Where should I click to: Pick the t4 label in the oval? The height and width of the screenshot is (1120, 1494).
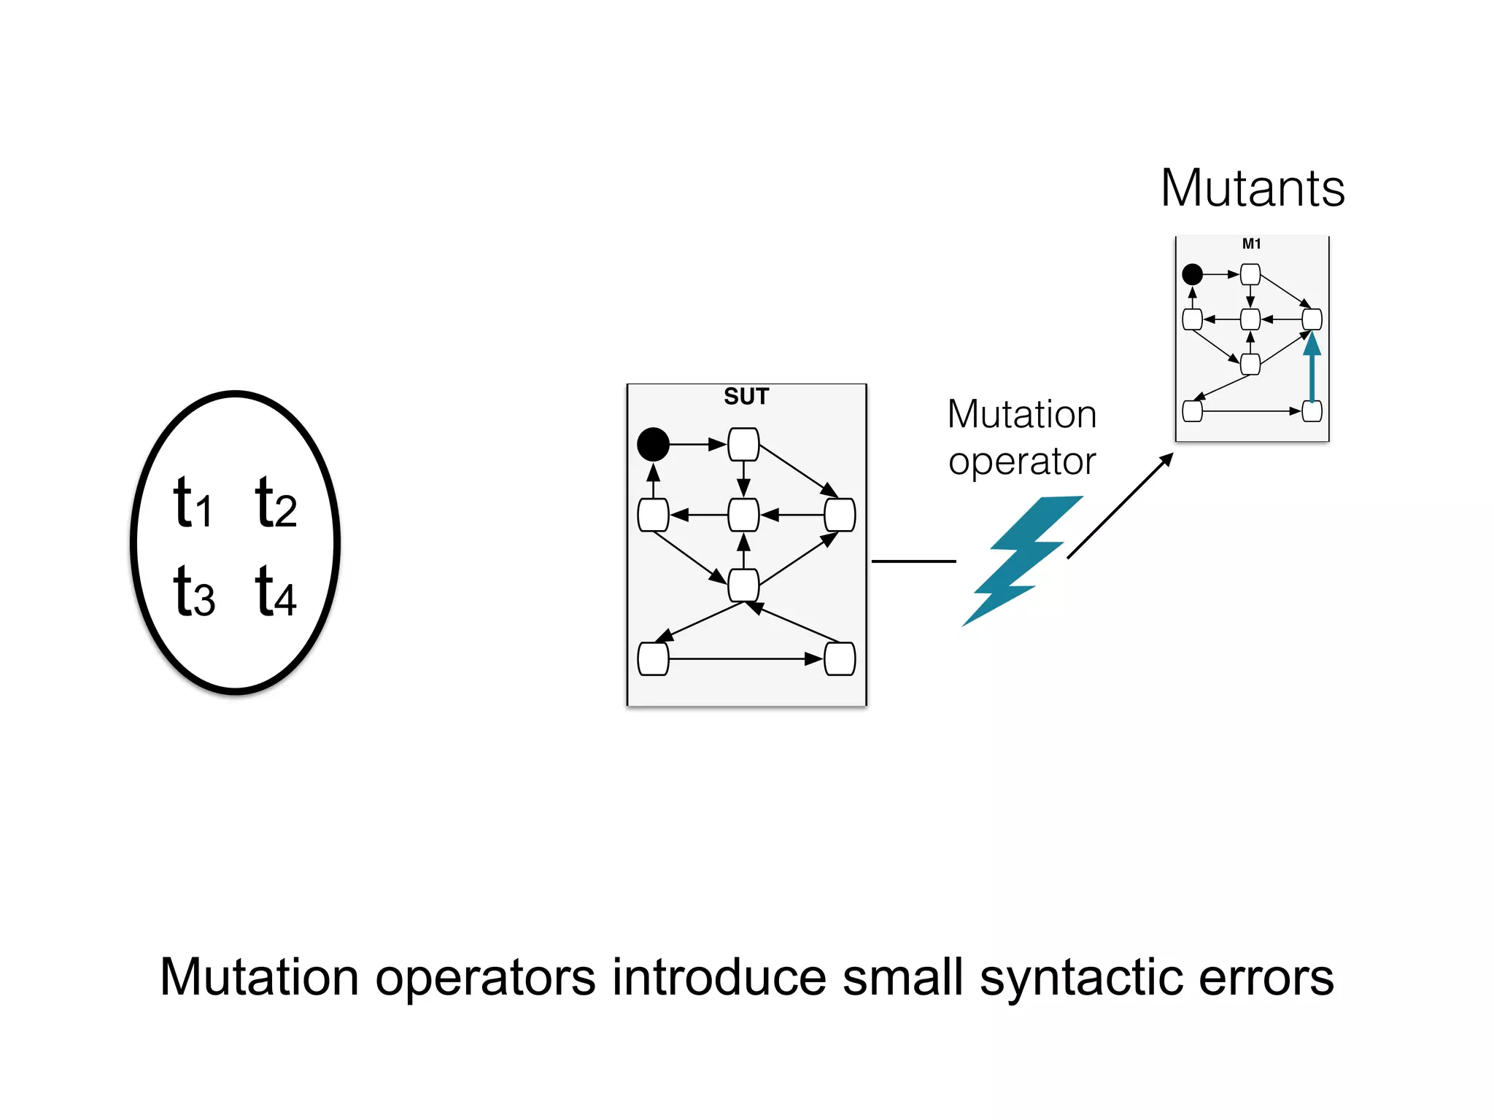(276, 592)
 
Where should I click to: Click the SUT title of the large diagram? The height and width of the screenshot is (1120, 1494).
(746, 397)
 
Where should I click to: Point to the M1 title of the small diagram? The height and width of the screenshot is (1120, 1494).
(1251, 244)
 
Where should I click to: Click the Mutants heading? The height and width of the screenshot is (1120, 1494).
(1252, 189)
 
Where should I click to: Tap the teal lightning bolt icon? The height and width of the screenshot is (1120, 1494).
(1021, 558)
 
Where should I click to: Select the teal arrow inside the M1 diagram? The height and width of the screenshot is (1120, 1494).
(1312, 368)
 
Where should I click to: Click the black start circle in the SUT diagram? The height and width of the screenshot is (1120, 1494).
(653, 444)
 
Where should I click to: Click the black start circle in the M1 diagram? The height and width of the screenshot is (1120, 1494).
(1192, 275)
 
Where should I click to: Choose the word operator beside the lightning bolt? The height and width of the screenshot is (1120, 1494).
(1021, 462)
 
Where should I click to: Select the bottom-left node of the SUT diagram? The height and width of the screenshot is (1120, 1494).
(653, 659)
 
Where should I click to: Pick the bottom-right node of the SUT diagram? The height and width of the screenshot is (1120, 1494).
(839, 659)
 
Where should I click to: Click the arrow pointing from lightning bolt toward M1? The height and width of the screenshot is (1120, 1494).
(1120, 506)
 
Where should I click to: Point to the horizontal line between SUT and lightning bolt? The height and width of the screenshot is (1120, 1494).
(913, 561)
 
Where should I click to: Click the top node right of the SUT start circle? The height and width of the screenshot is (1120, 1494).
(743, 444)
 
